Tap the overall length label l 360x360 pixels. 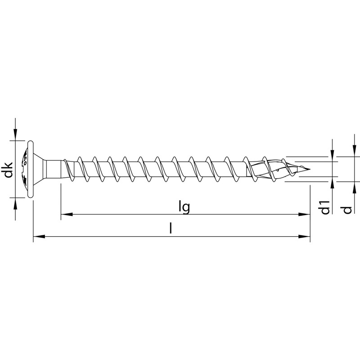[x=171, y=228]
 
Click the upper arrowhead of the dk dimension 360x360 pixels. [x=16, y=135]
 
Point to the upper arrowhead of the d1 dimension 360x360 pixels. [x=332, y=157]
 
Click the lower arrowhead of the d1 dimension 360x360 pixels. [x=332, y=181]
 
